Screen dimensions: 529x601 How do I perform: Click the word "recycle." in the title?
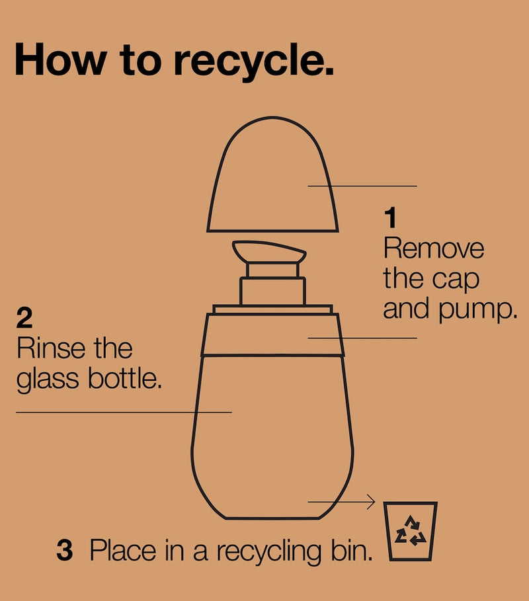tap(254, 61)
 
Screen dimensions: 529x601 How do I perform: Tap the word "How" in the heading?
tap(61, 60)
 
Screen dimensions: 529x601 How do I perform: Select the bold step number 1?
tap(390, 218)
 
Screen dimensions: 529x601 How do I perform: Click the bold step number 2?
tap(24, 318)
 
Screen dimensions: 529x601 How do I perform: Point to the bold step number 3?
tap(64, 550)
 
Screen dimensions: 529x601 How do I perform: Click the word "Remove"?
tap(434, 249)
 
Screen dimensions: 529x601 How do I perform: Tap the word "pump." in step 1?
tap(478, 310)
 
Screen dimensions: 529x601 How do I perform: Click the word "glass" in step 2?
tap(48, 380)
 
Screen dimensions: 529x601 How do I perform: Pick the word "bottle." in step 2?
tap(125, 378)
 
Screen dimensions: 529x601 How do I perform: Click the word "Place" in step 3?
tap(123, 550)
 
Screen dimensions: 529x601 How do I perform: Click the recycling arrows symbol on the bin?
tap(411, 530)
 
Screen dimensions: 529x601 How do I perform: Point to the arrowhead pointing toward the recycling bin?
tap(371, 501)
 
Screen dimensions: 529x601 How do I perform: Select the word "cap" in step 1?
tap(456, 281)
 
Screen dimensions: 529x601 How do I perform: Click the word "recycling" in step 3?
tap(268, 552)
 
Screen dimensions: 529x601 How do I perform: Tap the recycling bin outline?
tap(411, 531)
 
